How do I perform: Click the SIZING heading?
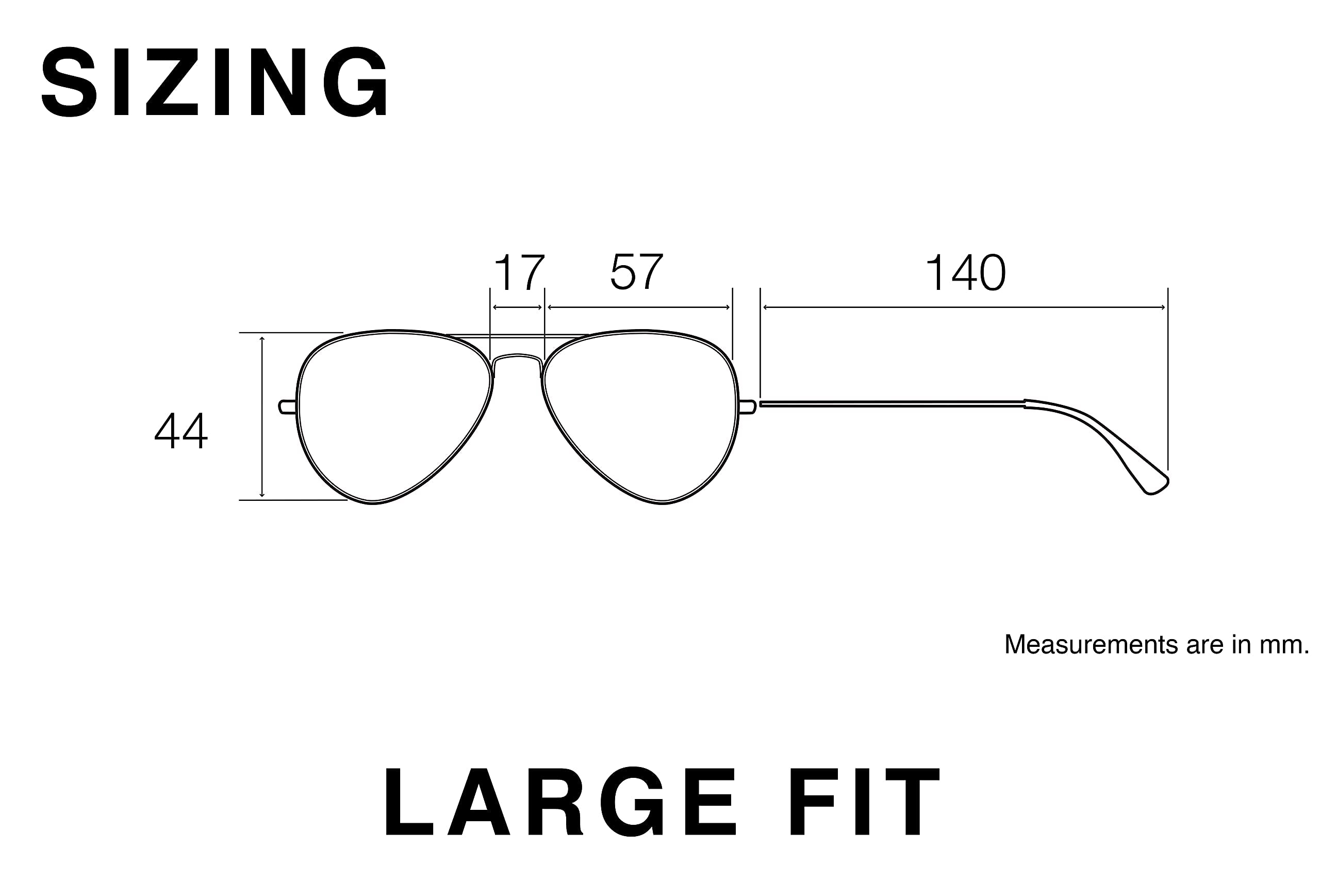click(x=214, y=82)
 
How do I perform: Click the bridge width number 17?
click(x=519, y=273)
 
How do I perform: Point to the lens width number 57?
click(x=637, y=272)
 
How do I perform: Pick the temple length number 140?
click(x=965, y=273)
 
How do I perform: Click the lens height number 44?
click(x=180, y=431)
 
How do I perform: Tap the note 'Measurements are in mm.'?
click(x=1156, y=644)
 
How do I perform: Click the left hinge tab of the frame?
click(x=287, y=407)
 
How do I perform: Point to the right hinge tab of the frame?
click(x=747, y=407)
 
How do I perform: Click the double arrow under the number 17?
click(x=517, y=307)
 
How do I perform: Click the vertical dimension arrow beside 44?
click(x=262, y=416)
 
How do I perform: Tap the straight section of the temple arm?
click(x=892, y=403)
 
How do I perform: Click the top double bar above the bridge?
click(x=517, y=336)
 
